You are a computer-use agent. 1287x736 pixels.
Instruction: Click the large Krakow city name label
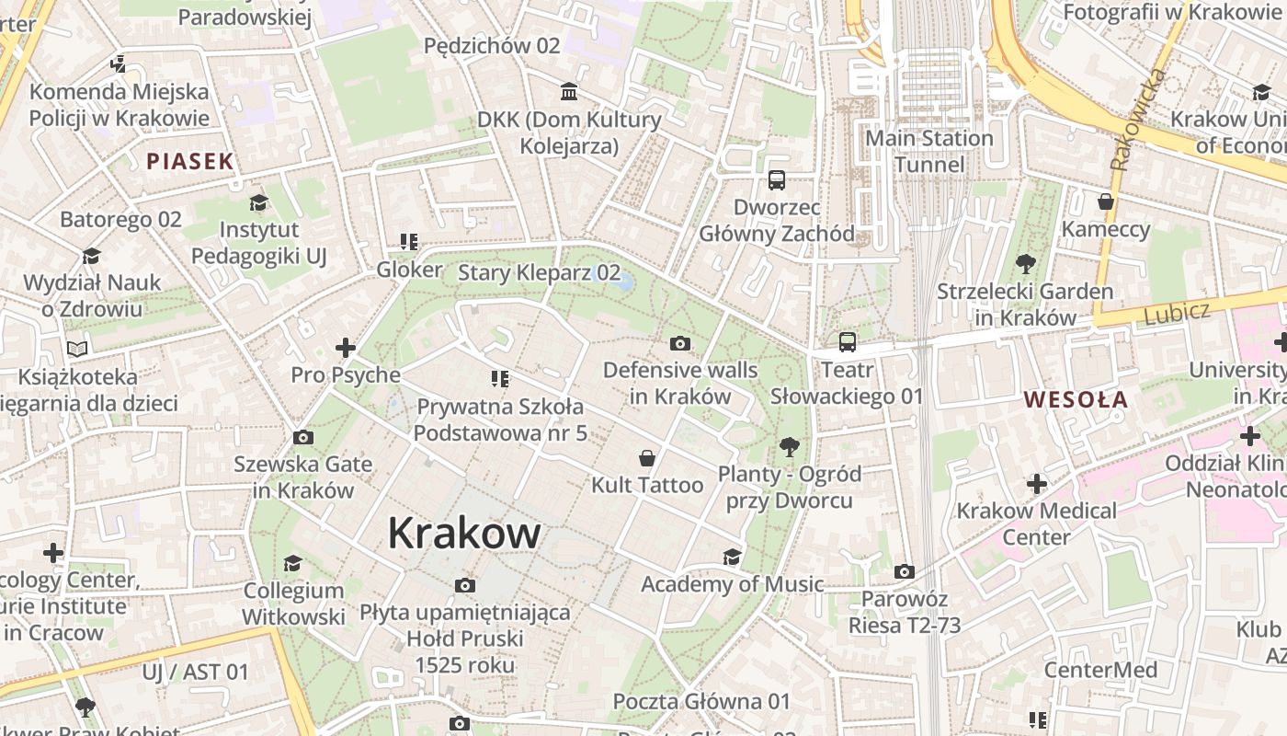click(x=464, y=533)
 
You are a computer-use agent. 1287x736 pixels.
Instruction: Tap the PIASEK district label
click(x=190, y=162)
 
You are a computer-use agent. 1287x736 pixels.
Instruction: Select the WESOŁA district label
click(x=1076, y=399)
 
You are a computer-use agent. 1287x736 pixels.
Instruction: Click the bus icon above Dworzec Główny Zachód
click(x=777, y=179)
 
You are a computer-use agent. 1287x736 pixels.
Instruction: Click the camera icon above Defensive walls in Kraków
click(x=680, y=343)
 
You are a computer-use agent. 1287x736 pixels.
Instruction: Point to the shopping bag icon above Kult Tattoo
click(x=647, y=458)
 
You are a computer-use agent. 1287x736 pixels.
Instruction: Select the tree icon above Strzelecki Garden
click(x=1025, y=265)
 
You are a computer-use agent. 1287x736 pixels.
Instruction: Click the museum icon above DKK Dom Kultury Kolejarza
click(x=569, y=92)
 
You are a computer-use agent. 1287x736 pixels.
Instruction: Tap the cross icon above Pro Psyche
click(x=346, y=348)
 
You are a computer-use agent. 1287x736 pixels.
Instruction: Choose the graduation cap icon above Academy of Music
click(x=732, y=557)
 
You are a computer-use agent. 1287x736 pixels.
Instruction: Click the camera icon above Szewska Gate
click(x=302, y=437)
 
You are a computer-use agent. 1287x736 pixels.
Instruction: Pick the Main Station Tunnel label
click(x=929, y=151)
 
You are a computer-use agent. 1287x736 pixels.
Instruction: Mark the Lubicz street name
click(x=1177, y=314)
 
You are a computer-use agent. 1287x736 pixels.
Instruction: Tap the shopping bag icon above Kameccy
click(x=1106, y=201)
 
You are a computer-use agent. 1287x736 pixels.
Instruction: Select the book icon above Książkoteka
click(x=78, y=349)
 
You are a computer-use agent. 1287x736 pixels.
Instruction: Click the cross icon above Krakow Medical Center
click(x=1037, y=484)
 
